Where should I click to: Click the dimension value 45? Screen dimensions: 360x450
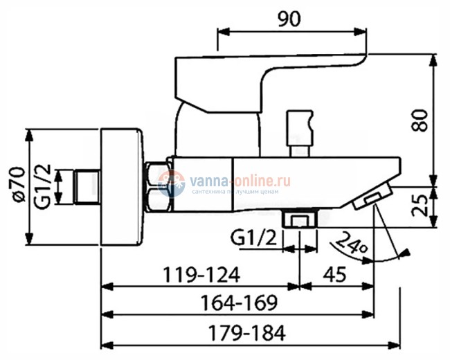335,275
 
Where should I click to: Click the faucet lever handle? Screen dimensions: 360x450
270,77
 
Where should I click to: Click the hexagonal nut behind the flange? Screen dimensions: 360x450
158,187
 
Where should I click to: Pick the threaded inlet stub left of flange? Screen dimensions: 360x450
85,186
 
